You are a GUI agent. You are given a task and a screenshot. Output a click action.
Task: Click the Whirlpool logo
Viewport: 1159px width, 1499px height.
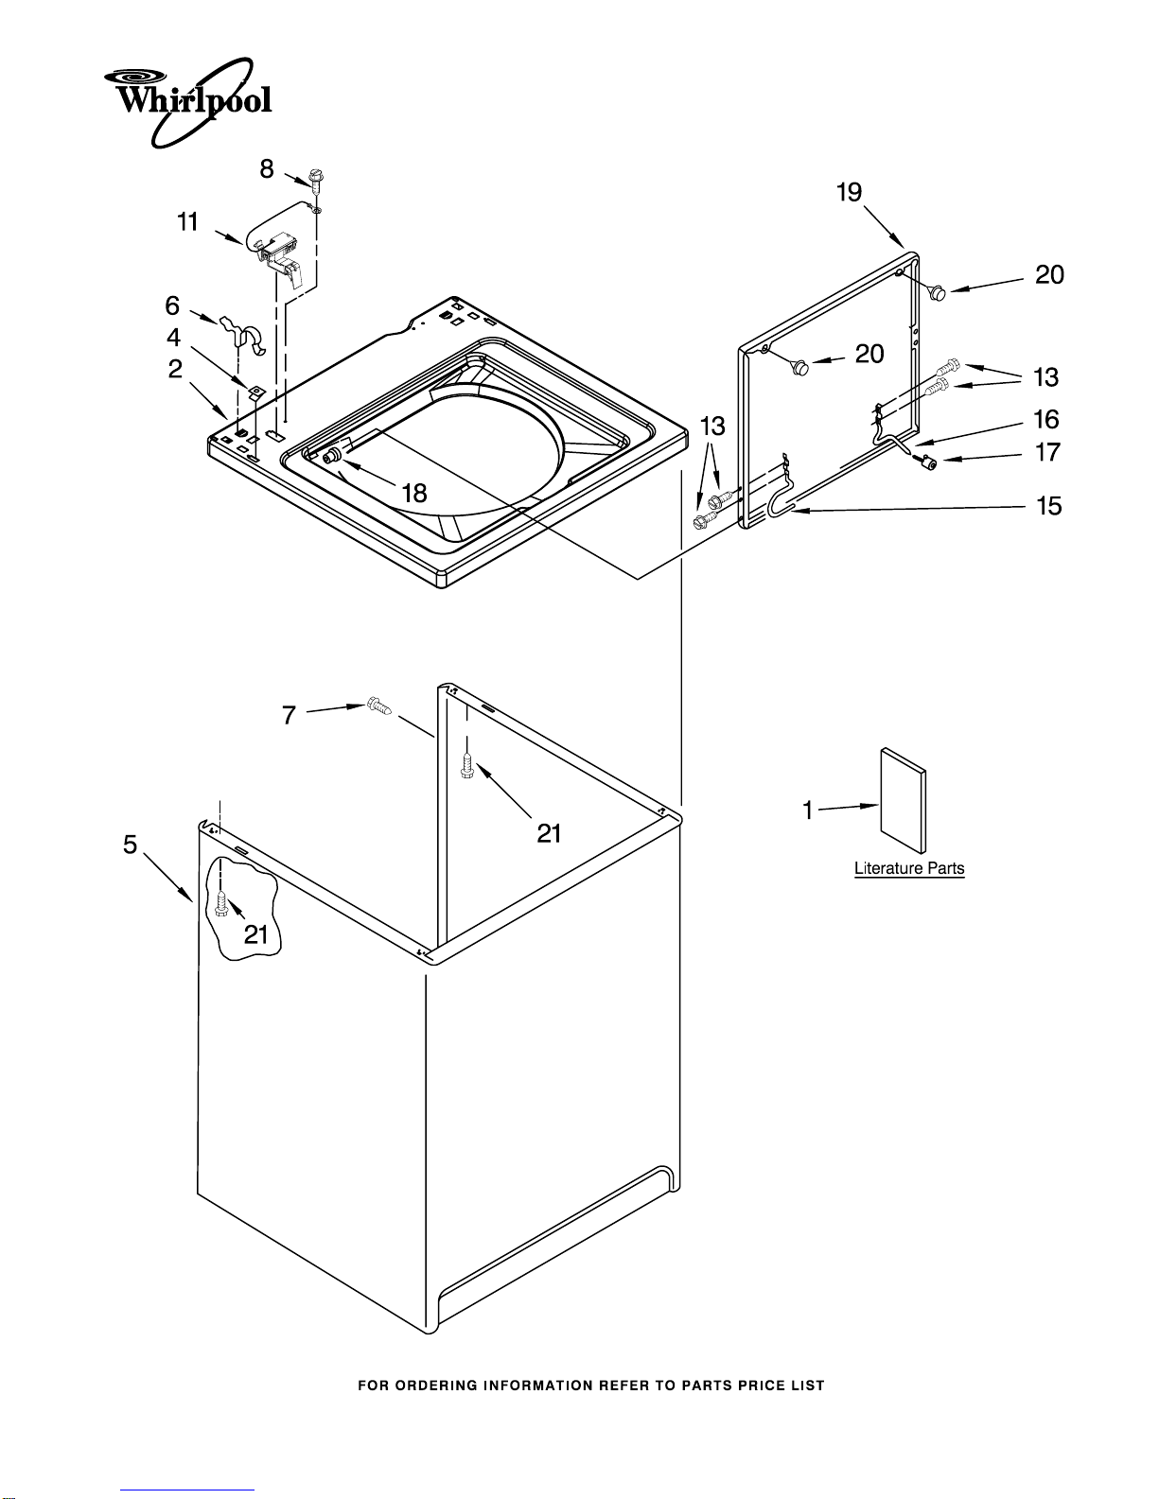pos(187,102)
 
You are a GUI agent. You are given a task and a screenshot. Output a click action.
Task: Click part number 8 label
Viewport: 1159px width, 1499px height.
pos(266,169)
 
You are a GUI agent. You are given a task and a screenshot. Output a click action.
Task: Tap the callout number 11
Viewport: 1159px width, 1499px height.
pos(187,222)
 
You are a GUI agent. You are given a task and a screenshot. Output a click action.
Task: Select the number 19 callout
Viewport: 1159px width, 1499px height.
pos(850,192)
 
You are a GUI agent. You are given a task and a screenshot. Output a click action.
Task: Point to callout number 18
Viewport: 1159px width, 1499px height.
pos(414,493)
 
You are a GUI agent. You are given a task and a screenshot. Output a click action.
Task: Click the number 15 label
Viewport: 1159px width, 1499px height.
pos(1048,506)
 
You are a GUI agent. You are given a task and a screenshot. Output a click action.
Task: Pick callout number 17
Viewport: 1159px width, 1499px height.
pos(1047,452)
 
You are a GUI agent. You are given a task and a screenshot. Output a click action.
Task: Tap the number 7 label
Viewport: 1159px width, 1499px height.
pos(289,715)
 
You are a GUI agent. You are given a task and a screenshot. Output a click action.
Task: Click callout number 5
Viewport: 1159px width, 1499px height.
pos(131,845)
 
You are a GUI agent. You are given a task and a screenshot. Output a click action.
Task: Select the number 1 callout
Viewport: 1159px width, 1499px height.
pos(808,810)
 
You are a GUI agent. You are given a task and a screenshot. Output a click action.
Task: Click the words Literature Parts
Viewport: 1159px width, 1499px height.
pos(909,868)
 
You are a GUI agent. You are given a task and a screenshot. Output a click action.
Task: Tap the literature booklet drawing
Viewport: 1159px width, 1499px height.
pos(903,800)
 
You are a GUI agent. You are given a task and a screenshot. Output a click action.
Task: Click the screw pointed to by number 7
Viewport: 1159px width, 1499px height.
pos(378,706)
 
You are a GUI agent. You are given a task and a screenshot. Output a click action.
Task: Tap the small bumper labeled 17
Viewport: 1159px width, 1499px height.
pos(926,462)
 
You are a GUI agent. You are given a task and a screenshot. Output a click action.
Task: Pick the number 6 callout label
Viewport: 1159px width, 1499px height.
pos(172,305)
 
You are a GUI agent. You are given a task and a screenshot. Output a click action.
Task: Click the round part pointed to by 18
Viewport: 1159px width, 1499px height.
pos(332,455)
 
